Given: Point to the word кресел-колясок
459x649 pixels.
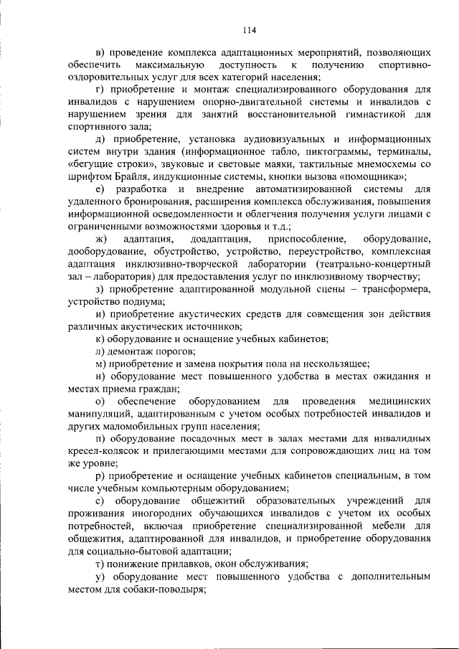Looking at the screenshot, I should pyautogui.click(x=103, y=452).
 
